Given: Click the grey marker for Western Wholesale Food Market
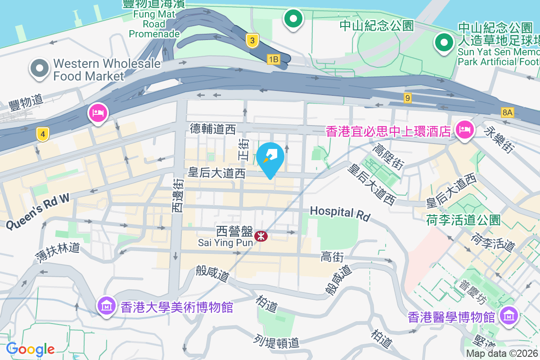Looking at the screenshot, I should [40, 68].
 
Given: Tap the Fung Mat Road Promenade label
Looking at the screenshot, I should [154, 18].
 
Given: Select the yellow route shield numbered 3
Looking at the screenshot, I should [252, 41].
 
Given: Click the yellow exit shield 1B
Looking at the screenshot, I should [273, 59].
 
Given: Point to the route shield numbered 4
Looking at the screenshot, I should [42, 134].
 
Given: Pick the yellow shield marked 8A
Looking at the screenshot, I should [507, 112].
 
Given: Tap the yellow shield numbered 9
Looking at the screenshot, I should [408, 98].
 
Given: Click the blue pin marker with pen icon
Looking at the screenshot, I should [270, 159].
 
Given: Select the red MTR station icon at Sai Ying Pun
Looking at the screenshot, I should [260, 235].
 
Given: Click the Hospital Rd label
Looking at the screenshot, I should [340, 213].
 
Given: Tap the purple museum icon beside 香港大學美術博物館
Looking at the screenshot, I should [106, 306].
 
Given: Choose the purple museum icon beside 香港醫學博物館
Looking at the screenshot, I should [508, 315].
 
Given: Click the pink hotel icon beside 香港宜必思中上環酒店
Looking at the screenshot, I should [463, 130].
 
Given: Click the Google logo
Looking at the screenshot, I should [30, 349].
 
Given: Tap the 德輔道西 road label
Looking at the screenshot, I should [212, 130].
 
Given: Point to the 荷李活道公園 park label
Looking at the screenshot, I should [463, 220].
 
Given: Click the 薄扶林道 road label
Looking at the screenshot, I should [58, 253].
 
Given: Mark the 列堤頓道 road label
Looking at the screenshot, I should [276, 340].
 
